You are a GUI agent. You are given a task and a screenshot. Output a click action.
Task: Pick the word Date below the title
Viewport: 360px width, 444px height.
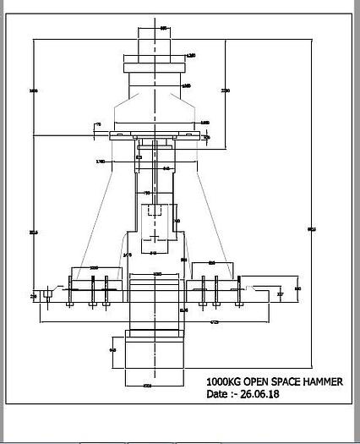[x=217, y=394]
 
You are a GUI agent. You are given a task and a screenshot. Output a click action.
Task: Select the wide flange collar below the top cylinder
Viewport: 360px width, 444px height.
[x=155, y=65]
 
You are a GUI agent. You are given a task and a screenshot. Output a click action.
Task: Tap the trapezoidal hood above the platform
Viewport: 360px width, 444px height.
[x=155, y=114]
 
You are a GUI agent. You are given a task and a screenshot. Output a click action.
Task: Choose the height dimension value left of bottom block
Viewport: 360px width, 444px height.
[x=113, y=348]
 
